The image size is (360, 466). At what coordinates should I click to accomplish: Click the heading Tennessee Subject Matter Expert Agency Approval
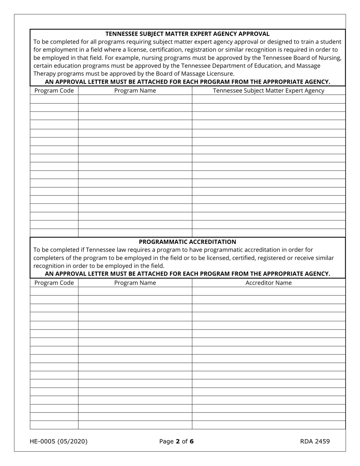tap(187, 34)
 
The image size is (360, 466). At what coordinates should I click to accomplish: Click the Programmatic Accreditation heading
tap(187, 242)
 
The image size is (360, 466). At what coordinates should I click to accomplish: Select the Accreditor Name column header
tap(268, 283)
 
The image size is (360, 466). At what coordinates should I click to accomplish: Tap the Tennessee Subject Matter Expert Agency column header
tap(268, 91)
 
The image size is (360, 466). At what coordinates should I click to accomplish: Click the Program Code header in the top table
tap(54, 91)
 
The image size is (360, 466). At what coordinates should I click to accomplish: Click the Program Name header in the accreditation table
tap(135, 283)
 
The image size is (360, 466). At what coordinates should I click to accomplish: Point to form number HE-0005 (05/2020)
tap(58, 441)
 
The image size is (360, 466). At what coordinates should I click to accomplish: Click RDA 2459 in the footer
tap(315, 441)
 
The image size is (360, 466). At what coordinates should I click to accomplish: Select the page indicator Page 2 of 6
tap(176, 441)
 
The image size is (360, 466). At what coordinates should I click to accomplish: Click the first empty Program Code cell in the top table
tap(54, 99)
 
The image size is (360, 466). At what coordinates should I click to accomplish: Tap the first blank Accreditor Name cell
tap(268, 291)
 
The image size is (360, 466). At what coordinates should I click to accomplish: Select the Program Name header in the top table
tap(135, 91)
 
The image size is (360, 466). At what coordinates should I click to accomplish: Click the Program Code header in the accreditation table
tap(54, 283)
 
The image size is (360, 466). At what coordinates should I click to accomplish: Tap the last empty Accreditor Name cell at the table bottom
tap(268, 425)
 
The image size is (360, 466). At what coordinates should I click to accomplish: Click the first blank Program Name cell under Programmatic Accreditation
tap(135, 291)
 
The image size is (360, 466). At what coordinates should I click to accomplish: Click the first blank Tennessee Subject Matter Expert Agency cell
tap(268, 99)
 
